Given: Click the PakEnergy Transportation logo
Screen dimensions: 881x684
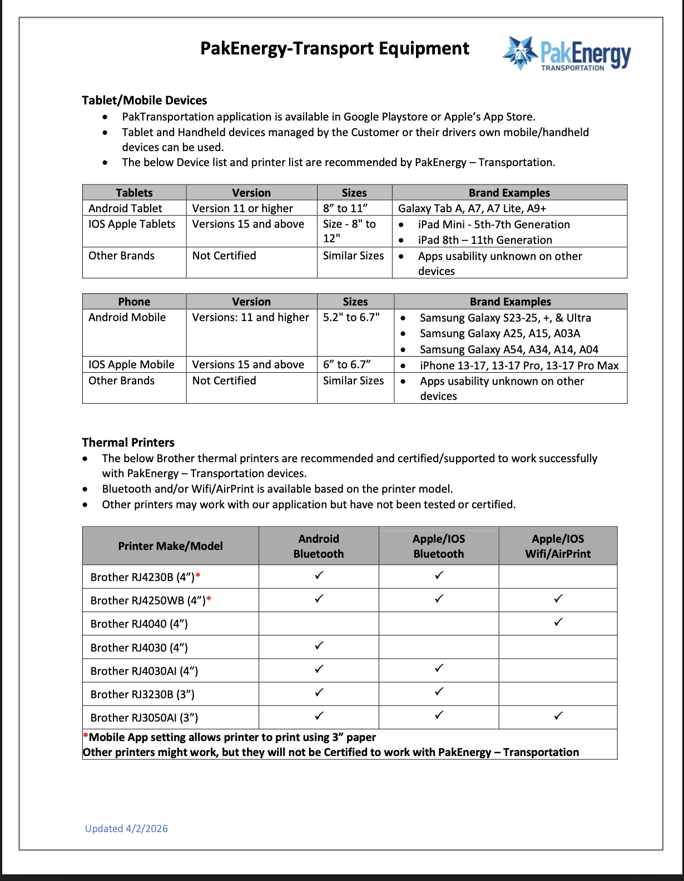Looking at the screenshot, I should click(x=567, y=54).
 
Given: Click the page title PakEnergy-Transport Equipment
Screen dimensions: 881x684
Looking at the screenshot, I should click(x=335, y=49).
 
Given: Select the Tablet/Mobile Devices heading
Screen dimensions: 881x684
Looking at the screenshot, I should click(x=145, y=101).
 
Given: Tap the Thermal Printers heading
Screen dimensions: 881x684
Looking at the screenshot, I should click(x=128, y=443).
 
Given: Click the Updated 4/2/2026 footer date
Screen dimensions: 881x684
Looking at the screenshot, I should click(x=126, y=829).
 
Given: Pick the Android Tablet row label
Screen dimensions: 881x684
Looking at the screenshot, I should click(x=125, y=208).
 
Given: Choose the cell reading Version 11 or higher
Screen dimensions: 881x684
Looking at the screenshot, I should click(x=242, y=208).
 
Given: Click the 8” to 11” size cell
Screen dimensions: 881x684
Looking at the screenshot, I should click(x=345, y=208).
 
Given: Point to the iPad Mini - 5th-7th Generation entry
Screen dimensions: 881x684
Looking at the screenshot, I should click(x=494, y=224).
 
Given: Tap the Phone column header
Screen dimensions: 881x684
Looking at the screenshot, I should click(x=134, y=302).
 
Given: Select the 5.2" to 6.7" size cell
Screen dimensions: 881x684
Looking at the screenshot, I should click(x=351, y=317).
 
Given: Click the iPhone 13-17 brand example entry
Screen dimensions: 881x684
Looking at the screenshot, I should click(x=519, y=366).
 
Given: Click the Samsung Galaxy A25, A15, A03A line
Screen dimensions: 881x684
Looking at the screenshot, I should click(x=500, y=333).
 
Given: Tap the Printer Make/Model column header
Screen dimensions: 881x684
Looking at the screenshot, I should click(x=170, y=546).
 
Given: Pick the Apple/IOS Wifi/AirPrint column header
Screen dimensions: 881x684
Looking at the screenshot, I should click(x=558, y=546).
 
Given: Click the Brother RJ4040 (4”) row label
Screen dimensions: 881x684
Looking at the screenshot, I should click(x=139, y=624).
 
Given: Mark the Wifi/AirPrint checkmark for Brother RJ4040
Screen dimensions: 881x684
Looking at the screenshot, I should click(x=558, y=622).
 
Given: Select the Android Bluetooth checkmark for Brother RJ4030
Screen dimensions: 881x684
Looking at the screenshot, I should click(x=319, y=645).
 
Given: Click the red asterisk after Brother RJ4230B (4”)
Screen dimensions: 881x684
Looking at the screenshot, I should click(x=198, y=576).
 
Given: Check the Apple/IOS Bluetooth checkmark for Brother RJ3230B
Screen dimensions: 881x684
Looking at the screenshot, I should click(x=439, y=692).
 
